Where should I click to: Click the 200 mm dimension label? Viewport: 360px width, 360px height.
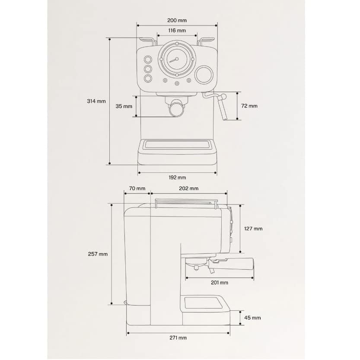[177, 20]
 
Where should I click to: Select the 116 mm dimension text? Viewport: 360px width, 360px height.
[177, 30]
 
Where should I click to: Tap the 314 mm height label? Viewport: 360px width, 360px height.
[96, 101]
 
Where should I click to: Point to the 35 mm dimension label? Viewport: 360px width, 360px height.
[124, 106]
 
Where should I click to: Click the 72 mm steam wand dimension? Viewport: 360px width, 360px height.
[249, 106]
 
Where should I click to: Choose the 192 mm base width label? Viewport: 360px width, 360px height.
[177, 178]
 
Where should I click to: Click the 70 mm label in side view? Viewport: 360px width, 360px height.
[137, 188]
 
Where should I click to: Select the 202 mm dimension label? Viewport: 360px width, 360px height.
[188, 188]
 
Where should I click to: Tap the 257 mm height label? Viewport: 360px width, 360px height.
[98, 254]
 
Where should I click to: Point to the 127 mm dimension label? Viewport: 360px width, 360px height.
[253, 229]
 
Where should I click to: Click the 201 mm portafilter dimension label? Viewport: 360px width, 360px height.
[220, 283]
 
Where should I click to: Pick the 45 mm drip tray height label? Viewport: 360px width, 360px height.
[252, 318]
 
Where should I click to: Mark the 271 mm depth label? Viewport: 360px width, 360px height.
[178, 338]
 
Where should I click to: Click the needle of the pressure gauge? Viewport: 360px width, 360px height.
[174, 60]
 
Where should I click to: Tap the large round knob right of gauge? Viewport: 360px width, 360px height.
[204, 75]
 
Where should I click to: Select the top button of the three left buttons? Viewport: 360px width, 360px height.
[148, 60]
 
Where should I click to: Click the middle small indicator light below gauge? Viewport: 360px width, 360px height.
[177, 83]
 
